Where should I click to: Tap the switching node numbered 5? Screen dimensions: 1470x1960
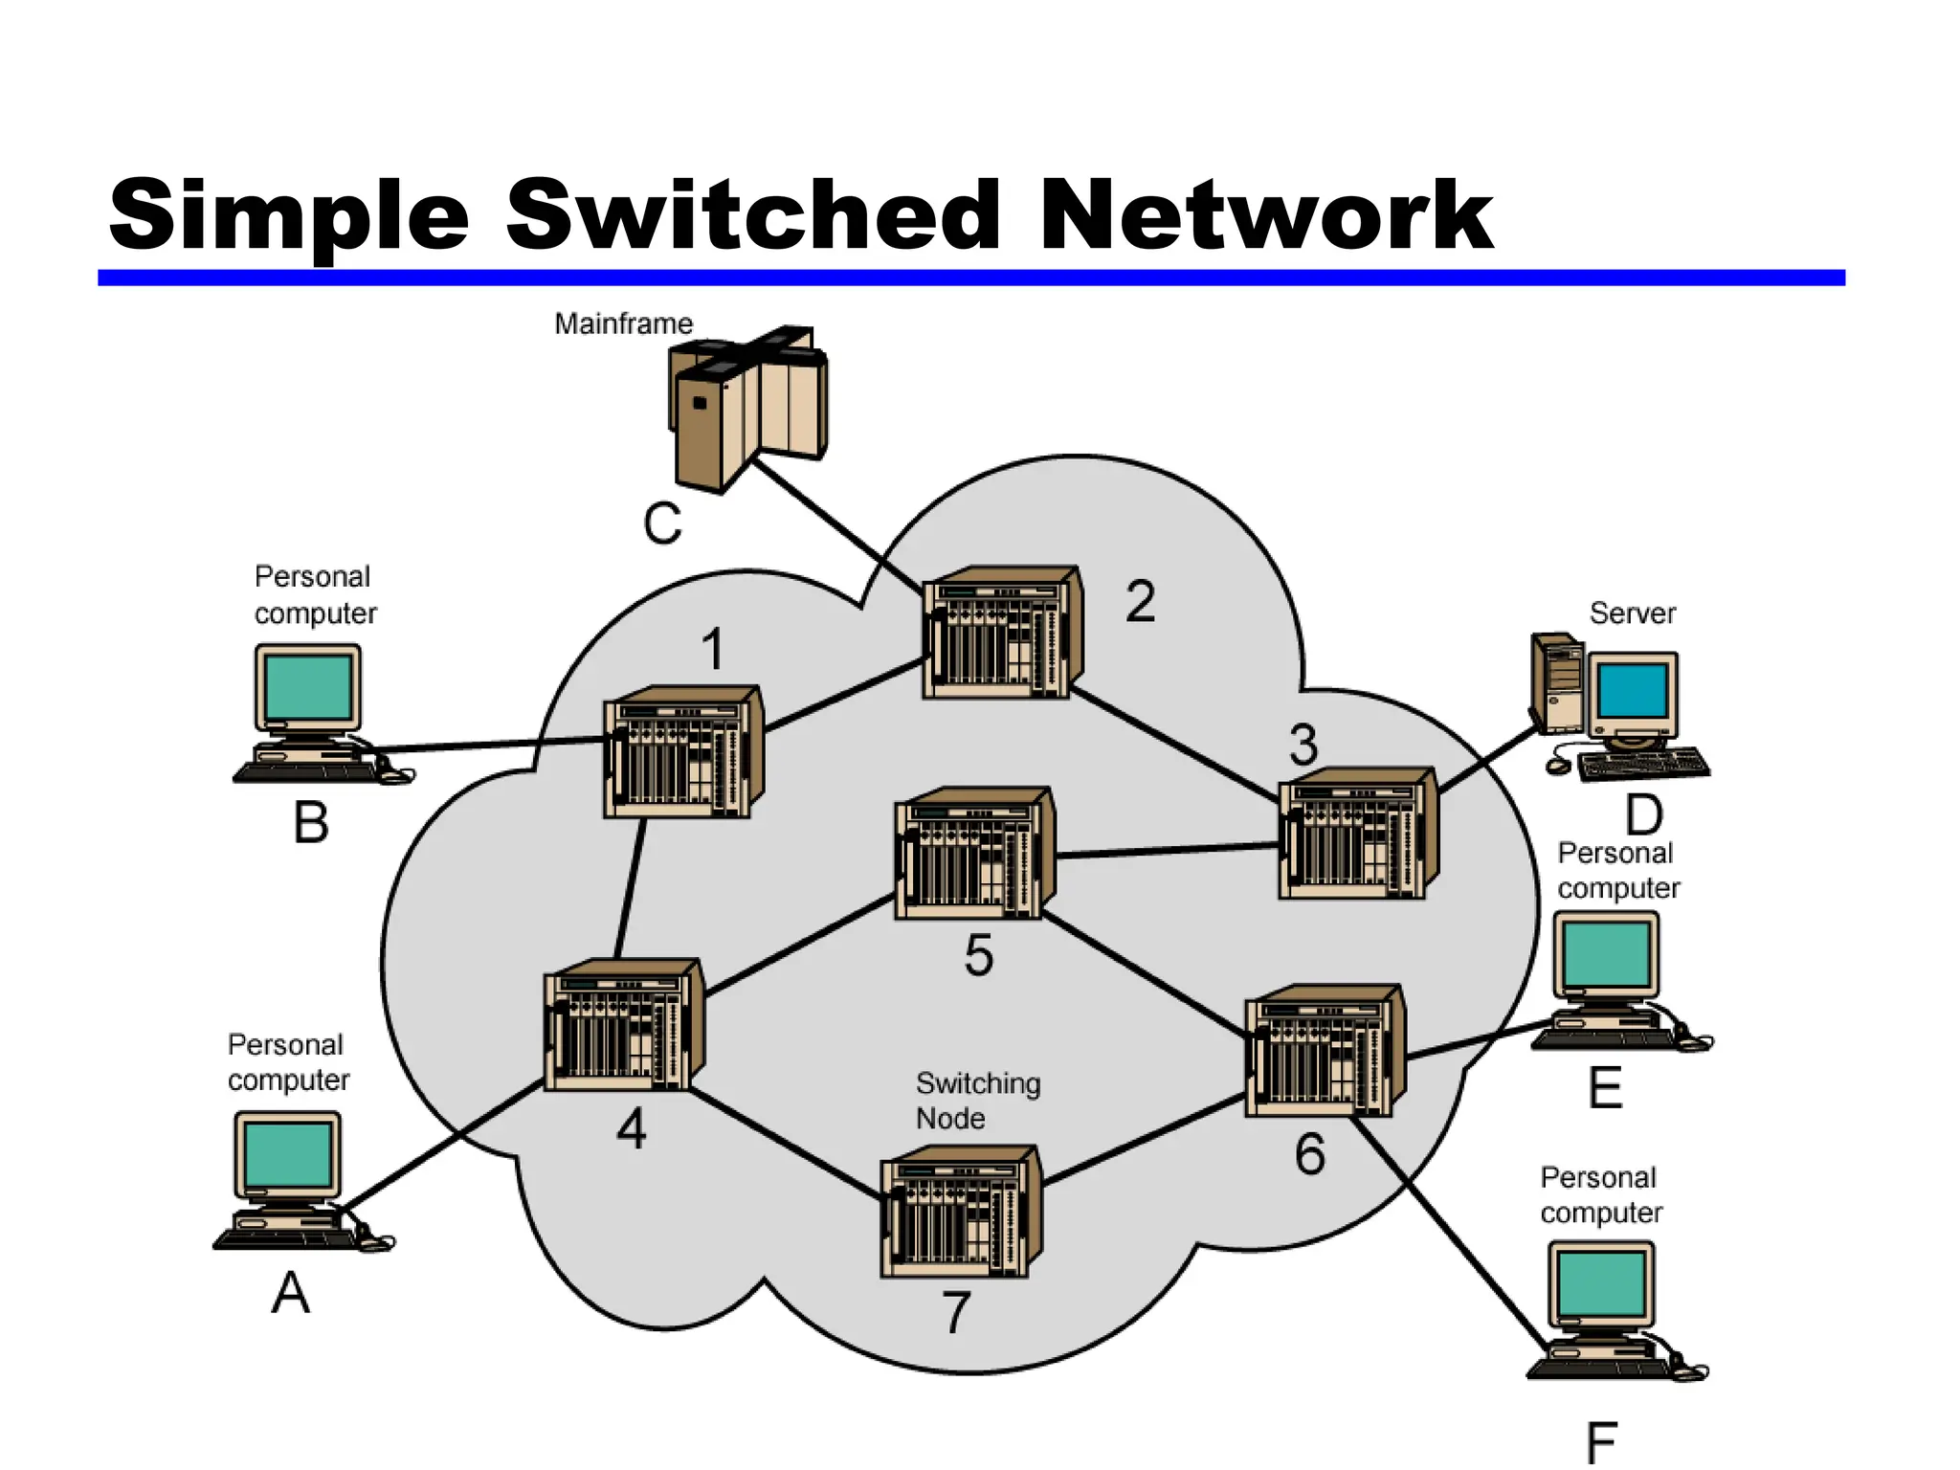pos(973,855)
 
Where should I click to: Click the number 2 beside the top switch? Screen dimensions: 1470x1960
pos(1140,602)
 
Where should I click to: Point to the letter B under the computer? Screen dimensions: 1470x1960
pos(311,822)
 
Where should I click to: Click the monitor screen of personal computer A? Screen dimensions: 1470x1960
pos(287,1154)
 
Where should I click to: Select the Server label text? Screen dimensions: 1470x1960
pos(1632,613)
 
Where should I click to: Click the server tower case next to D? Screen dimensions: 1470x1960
pos(1557,682)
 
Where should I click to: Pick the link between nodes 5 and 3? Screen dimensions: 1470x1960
pos(1168,850)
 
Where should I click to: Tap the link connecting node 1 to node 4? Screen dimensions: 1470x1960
pos(630,888)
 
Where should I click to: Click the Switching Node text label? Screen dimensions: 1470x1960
pos(976,1101)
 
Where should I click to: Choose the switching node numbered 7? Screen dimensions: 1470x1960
pos(960,1213)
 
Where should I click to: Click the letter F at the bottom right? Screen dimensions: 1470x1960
pos(1601,1442)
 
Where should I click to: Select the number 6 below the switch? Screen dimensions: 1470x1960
pos(1309,1154)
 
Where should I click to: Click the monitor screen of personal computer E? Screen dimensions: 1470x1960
pos(1605,954)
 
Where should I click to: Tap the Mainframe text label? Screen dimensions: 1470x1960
pos(623,323)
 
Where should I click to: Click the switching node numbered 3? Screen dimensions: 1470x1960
pos(1357,834)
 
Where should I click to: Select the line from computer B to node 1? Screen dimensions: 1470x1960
pos(488,744)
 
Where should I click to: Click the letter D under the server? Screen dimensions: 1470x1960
pos(1643,815)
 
